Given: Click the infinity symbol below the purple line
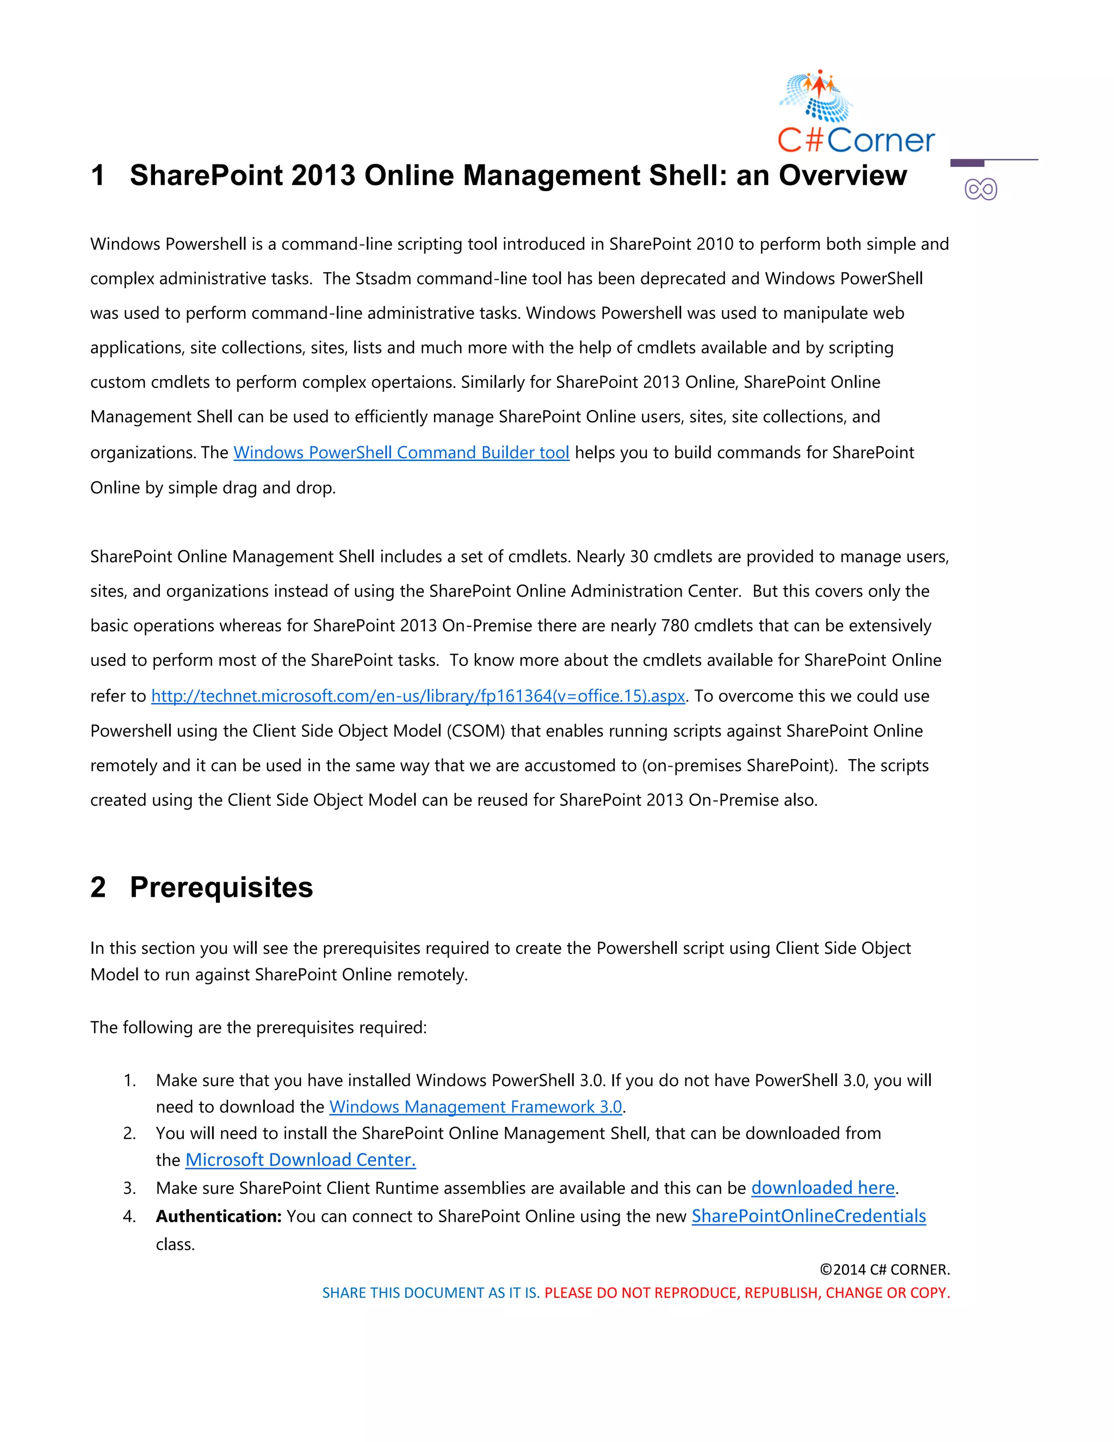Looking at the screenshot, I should pyautogui.click(x=980, y=190).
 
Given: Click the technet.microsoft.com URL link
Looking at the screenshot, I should pyautogui.click(x=418, y=696).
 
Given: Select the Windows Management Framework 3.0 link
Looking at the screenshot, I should pyautogui.click(x=475, y=1107).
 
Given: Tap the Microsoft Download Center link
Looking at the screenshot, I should pyautogui.click(x=300, y=1160).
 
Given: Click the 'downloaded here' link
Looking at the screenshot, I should pyautogui.click(x=822, y=1188).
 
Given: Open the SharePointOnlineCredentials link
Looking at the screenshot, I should pyautogui.click(x=808, y=1216).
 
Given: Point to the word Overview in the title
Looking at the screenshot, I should pyautogui.click(x=842, y=176).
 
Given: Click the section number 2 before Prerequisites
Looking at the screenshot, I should pyautogui.click(x=98, y=888).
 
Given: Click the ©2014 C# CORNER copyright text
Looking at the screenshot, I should pyautogui.click(x=884, y=1270).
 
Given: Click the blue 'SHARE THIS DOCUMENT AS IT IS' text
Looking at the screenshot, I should pyautogui.click(x=430, y=1293).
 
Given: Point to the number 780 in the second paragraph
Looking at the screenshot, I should pyautogui.click(x=674, y=626).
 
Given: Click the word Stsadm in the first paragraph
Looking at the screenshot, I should pyautogui.click(x=383, y=279).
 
